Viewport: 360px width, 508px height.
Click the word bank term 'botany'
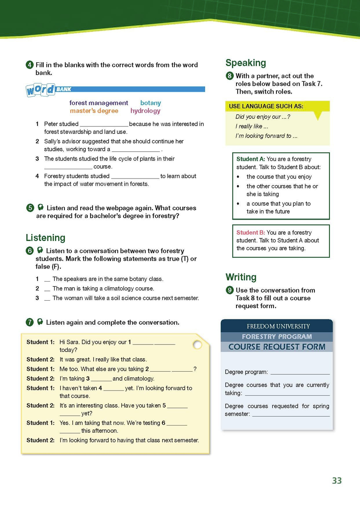pos(150,103)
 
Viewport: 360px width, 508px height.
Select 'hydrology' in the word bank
pos(145,111)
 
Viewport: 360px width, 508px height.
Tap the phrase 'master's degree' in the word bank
pos(94,111)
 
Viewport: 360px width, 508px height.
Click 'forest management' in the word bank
pos(99,103)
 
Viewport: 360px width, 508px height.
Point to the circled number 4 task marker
pos(30,65)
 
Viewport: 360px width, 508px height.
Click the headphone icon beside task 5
pos(41,207)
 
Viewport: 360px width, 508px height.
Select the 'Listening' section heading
pos(45,238)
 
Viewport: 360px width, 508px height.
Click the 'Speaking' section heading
pos(246,63)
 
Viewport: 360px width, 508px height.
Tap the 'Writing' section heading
pos(241,277)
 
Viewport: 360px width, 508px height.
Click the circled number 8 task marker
pos(230,76)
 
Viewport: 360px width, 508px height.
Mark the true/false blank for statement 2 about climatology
pos(47,289)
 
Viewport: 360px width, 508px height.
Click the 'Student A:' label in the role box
pos(251,159)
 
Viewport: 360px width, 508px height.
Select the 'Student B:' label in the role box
pos(251,233)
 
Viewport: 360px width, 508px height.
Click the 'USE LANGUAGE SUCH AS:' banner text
pos(266,106)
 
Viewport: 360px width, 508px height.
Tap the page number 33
pos(337,481)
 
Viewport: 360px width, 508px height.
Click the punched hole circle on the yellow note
pos(197,345)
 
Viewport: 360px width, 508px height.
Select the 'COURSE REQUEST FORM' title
pos(277,347)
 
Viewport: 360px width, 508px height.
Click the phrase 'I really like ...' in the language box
pos(252,126)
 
